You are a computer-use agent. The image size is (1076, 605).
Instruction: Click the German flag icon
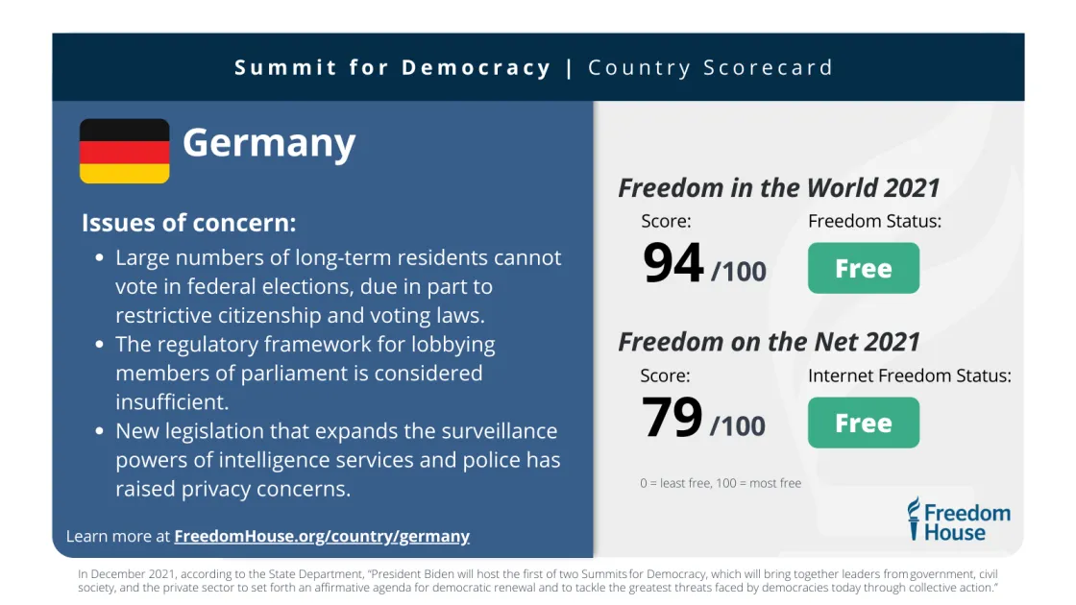(124, 151)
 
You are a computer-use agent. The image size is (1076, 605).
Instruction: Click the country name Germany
(269, 143)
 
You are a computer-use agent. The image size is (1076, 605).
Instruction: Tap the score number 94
(673, 264)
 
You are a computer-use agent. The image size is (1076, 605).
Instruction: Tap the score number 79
(672, 419)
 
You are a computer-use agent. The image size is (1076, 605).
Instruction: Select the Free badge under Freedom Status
(863, 268)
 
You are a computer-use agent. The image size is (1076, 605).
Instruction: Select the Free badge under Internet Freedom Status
(863, 423)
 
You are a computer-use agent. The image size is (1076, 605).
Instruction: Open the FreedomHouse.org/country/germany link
(322, 536)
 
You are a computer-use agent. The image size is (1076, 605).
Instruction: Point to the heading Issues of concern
(188, 223)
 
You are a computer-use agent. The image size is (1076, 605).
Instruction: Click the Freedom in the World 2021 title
(778, 187)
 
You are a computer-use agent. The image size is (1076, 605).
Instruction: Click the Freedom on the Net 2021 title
(769, 342)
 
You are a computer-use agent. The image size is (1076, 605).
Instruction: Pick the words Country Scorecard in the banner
(710, 68)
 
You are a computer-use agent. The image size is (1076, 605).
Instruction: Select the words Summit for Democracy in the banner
(393, 68)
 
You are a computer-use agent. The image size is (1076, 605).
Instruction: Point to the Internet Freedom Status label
(909, 375)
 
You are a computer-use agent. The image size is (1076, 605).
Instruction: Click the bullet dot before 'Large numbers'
(100, 258)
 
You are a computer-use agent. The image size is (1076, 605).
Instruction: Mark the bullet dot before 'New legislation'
(100, 431)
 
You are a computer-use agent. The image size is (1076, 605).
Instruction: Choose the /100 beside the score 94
(739, 272)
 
